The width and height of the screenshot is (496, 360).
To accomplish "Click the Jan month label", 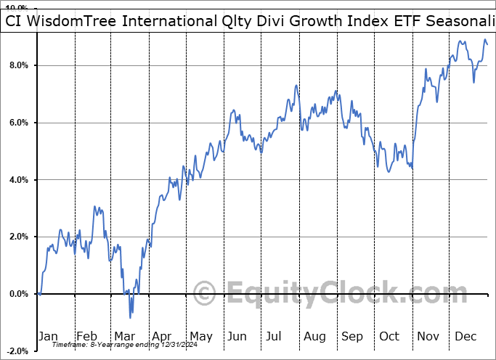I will coord(48,336).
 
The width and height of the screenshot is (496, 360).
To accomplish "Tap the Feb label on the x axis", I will coord(86,336).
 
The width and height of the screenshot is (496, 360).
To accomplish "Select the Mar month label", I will coord(124,336).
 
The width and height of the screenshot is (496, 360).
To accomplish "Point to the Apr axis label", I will coord(162,336).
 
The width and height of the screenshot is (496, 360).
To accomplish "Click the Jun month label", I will coord(238,336).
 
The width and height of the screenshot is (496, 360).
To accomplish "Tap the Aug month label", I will coord(314,336).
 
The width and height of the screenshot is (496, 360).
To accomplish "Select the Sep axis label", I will coord(352,336).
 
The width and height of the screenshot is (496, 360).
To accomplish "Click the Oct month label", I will coord(390,336).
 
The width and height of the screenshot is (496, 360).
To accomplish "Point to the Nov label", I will coord(428,336).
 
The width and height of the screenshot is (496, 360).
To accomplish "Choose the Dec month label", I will coord(466,336).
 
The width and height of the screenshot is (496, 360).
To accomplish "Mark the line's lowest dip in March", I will coord(131,317).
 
